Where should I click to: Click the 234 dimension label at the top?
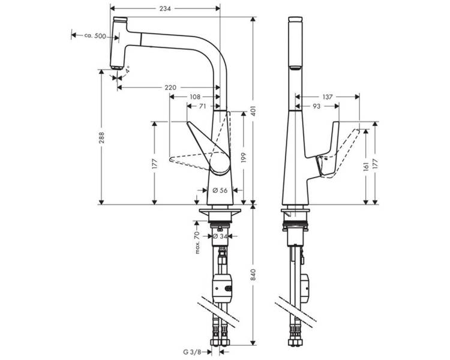point(165,8)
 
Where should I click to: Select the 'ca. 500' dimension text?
point(95,36)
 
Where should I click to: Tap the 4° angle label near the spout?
point(127,69)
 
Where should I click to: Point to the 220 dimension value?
point(170,88)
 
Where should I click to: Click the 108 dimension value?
point(194,97)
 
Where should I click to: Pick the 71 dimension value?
point(202,106)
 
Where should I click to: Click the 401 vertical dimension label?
point(253,110)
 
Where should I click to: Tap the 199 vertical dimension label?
point(244,158)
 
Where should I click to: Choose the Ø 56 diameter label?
point(220,190)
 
